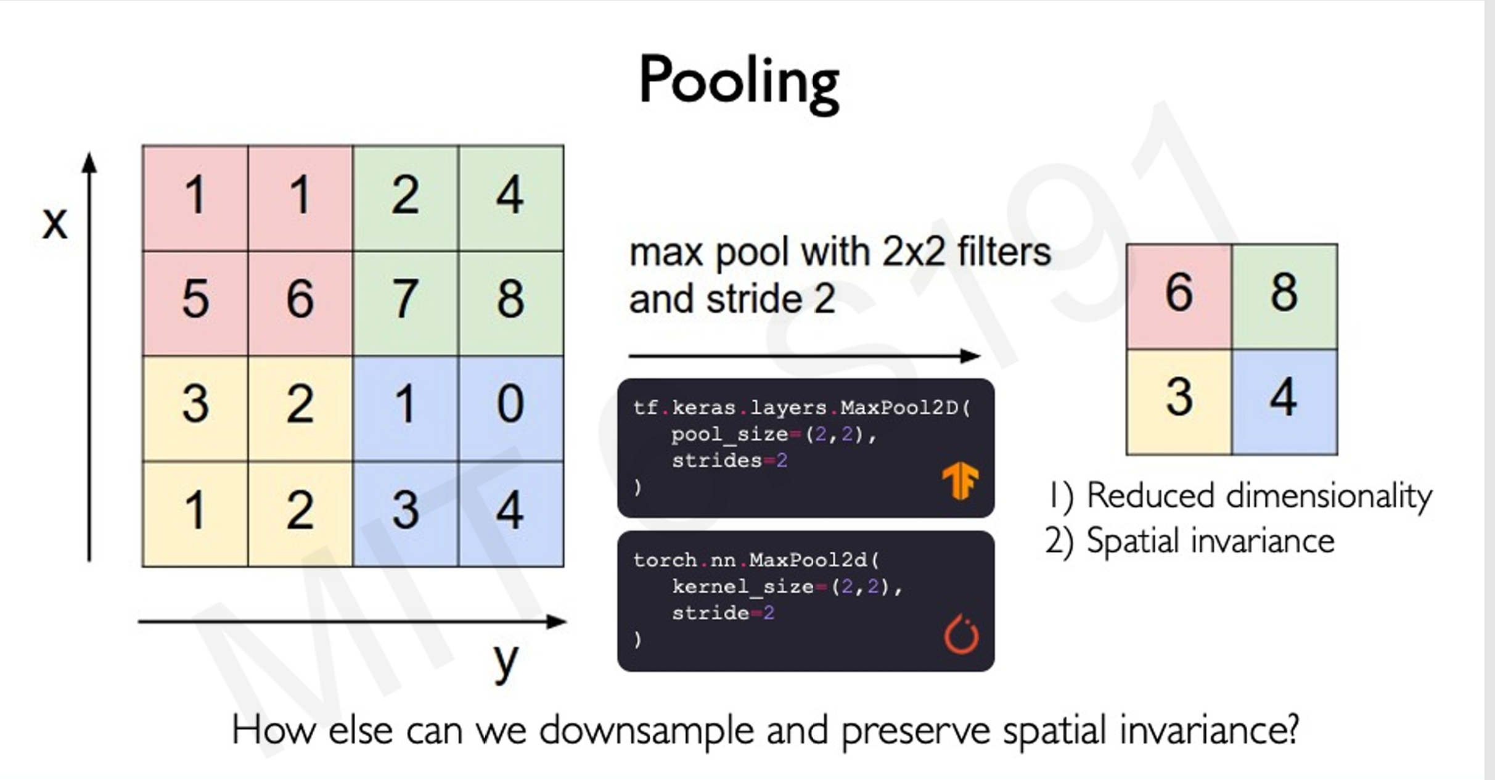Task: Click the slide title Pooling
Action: point(739,81)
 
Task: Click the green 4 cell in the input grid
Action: point(510,196)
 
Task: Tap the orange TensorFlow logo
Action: point(960,481)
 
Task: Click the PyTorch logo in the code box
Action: point(961,635)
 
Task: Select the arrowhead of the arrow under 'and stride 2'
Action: point(970,356)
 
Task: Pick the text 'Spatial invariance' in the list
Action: point(1210,541)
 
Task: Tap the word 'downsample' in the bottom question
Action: point(646,731)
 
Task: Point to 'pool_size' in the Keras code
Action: point(729,435)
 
